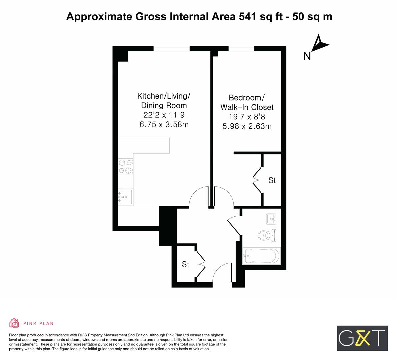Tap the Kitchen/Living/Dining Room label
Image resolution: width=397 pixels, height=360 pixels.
coord(164,101)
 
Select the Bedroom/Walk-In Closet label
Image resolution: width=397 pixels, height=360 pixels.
coord(247,102)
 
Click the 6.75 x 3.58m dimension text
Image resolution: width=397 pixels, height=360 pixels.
coord(164,125)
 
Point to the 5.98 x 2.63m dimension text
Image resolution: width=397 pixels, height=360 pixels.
coord(247,126)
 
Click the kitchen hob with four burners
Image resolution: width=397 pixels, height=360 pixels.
coord(125,166)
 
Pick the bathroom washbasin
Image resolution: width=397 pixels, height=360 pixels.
coord(271,219)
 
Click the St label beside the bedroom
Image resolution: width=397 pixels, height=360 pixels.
coord(272,180)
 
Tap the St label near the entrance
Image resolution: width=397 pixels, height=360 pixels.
coord(186,264)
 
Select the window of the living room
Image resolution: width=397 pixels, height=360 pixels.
coord(171,49)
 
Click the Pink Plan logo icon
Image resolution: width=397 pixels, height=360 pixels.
coord(14,323)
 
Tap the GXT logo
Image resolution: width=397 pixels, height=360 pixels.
coord(362,338)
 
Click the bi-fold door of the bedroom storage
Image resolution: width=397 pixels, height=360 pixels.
coord(257,179)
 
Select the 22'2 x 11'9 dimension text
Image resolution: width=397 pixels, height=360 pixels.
coord(164,115)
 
